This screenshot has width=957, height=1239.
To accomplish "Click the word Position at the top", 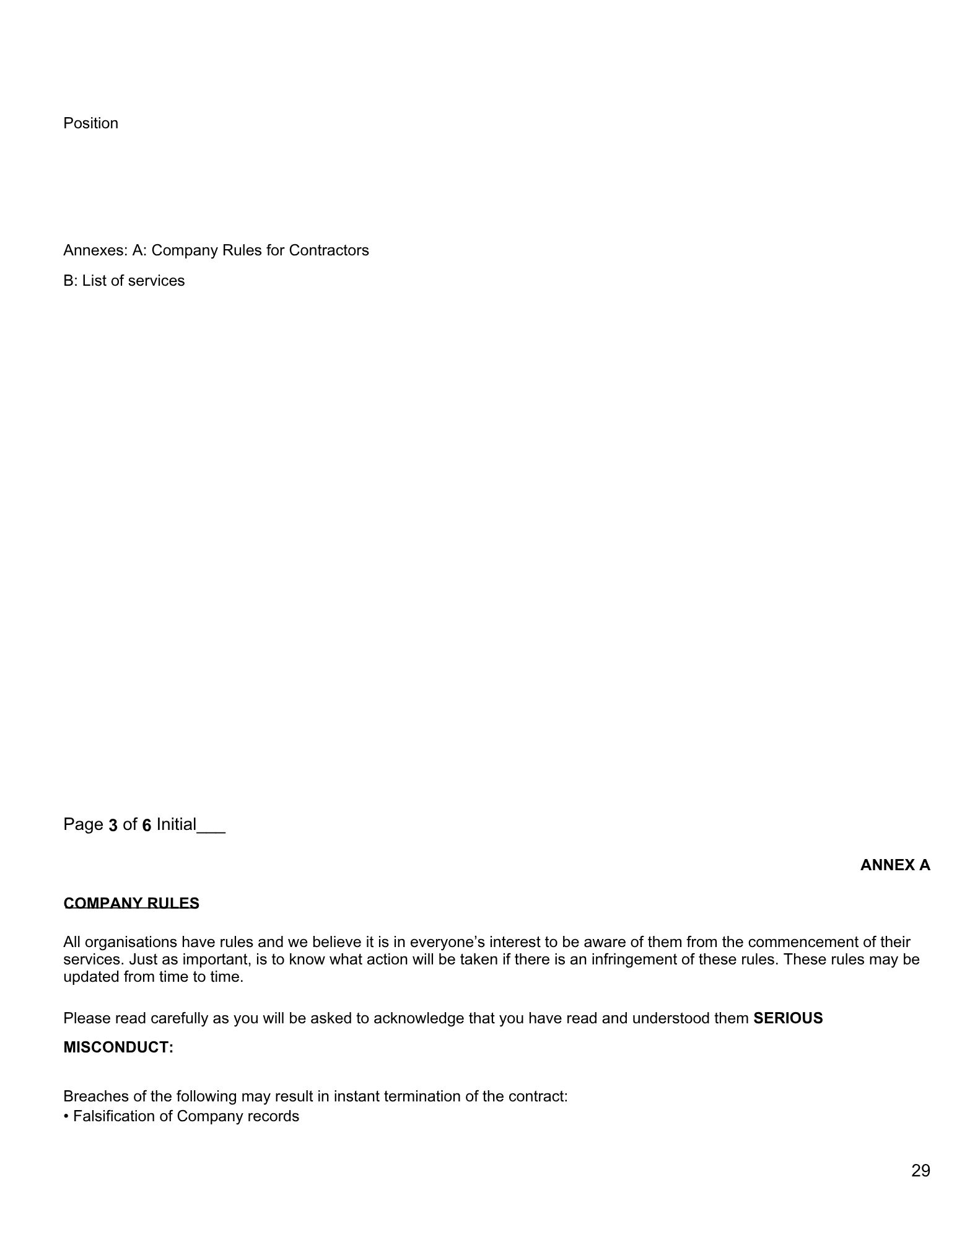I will [x=90, y=123].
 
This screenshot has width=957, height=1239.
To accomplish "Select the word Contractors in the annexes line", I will [x=328, y=250].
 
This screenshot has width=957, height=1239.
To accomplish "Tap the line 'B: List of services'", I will [x=124, y=281].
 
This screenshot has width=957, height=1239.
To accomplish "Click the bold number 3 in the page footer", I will [x=113, y=825].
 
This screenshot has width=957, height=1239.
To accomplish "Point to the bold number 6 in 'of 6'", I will [x=147, y=825].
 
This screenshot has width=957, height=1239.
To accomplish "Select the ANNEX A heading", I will [x=894, y=865].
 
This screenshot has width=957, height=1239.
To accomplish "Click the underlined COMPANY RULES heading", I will [x=131, y=903].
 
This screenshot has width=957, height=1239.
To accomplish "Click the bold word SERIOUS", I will [x=788, y=1018].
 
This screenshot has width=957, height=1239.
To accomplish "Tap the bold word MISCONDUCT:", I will [x=118, y=1047].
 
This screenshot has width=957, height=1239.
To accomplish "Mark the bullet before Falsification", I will [x=66, y=1116].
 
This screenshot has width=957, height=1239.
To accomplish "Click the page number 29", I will [x=920, y=1171].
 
